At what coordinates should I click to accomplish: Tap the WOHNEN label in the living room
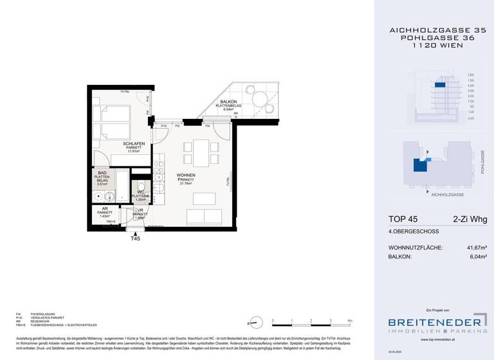(x=186, y=174)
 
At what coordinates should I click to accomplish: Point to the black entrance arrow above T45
(x=135, y=231)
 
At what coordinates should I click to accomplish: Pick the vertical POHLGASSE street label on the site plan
(x=482, y=161)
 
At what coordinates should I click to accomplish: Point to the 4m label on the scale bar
(x=349, y=319)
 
